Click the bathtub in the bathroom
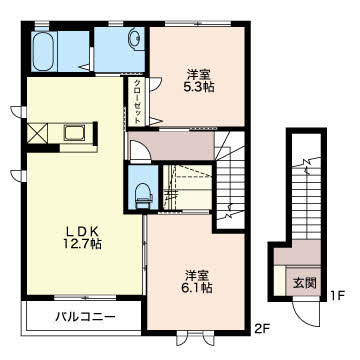point(45,51)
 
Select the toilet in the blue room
point(143,195)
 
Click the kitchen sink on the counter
point(75,133)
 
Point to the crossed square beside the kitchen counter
point(37,133)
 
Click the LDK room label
point(82,231)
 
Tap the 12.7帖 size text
point(83,244)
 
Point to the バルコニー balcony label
point(85,316)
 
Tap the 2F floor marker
point(262,330)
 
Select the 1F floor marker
point(337,295)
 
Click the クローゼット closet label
point(138,101)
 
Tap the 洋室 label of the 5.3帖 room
point(197,74)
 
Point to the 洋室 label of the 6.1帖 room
point(197,275)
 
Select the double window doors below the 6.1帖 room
point(196,338)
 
